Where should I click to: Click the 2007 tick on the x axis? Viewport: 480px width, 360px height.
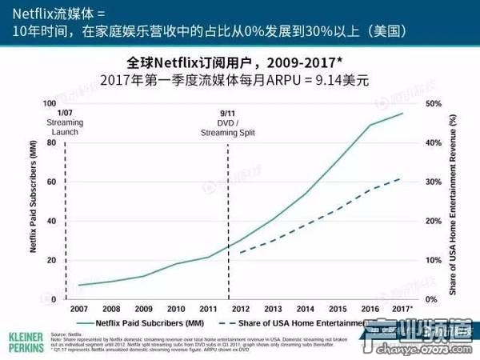pyautogui.click(x=79, y=308)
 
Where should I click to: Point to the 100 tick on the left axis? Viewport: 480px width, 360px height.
pyautogui.click(x=49, y=103)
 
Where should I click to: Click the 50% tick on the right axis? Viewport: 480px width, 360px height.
pyautogui.click(x=434, y=103)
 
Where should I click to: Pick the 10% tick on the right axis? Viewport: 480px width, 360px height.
pyautogui.click(x=434, y=260)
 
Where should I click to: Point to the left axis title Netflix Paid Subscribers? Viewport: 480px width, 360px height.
pyautogui.click(x=34, y=200)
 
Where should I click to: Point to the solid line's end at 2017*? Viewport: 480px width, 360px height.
pyautogui.click(x=402, y=113)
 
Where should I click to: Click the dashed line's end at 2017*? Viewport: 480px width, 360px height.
pyautogui.click(x=402, y=178)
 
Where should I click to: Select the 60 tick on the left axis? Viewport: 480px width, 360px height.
pyautogui.click(x=50, y=182)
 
